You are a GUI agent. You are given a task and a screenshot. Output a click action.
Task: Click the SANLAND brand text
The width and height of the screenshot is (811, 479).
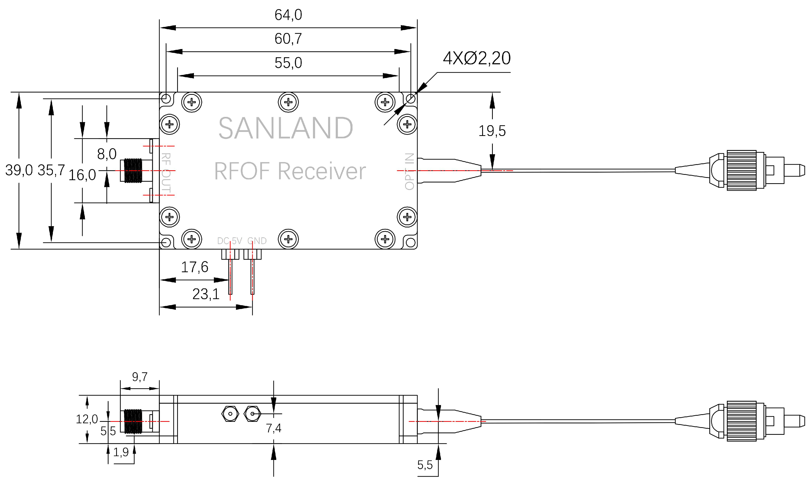pyautogui.click(x=286, y=129)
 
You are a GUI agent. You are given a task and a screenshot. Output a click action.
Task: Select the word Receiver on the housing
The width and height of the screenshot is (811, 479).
pyautogui.click(x=322, y=171)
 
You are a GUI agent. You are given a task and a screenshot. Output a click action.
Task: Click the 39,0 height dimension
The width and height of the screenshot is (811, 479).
pyautogui.click(x=19, y=170)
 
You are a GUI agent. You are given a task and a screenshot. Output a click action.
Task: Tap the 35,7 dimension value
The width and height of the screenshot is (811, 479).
pyautogui.click(x=51, y=170)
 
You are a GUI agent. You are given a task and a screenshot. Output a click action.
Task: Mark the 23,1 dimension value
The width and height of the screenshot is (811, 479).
pyautogui.click(x=206, y=294)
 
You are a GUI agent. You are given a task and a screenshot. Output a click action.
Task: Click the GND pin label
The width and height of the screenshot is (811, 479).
pyautogui.click(x=257, y=241)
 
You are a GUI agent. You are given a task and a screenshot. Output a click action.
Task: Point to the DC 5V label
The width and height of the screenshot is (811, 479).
pyautogui.click(x=229, y=241)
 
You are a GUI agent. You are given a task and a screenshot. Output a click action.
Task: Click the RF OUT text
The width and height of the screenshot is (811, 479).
pyautogui.click(x=166, y=173)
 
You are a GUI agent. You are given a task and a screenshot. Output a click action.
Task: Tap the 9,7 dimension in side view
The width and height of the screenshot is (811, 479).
pyautogui.click(x=140, y=377)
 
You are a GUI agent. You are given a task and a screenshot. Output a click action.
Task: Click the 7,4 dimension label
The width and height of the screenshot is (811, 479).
pyautogui.click(x=273, y=428)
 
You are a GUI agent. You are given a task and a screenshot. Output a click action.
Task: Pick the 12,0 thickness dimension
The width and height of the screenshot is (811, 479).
pyautogui.click(x=86, y=419)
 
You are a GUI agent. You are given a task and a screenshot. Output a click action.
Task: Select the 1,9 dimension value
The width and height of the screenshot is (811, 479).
pyautogui.click(x=121, y=452)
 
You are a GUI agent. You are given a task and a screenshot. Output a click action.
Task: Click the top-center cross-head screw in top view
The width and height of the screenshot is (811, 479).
pyautogui.click(x=288, y=102)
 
